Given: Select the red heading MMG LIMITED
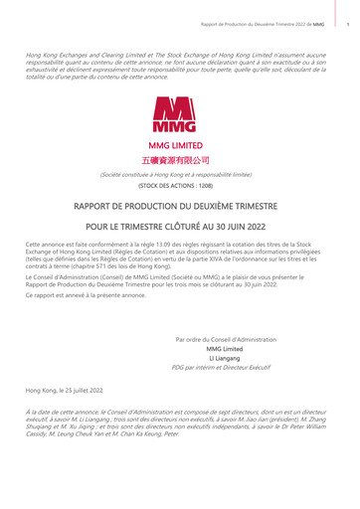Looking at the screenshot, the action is [181, 145].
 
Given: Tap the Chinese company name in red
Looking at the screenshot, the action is [181, 159].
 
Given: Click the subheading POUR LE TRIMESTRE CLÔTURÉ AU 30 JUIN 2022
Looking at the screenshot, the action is [181, 226].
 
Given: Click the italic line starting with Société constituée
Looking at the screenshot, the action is [181, 174].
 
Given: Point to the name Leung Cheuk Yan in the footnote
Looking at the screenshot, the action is [84, 432].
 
